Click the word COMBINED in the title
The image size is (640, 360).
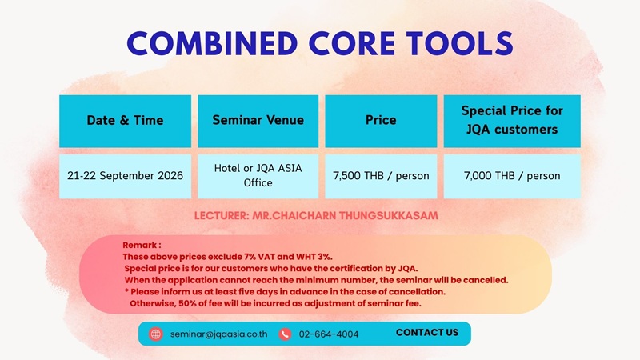pos(212,43)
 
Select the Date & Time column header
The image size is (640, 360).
pos(125,121)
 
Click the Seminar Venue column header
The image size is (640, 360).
pos(258,121)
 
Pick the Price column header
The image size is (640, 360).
pos(381,121)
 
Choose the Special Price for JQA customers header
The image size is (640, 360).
pos(512,121)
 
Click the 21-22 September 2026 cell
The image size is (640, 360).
pos(125,176)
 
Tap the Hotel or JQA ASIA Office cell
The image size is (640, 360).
pos(258,176)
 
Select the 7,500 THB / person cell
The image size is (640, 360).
pos(381,176)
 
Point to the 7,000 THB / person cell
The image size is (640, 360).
pos(512,176)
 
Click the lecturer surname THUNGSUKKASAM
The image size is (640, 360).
pos(388,215)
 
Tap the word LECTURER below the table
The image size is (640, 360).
pos(221,215)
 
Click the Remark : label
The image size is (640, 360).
pos(142,246)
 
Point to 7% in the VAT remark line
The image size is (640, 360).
pos(250,257)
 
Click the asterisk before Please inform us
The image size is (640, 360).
pos(126,291)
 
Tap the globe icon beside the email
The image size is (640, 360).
pos(155,334)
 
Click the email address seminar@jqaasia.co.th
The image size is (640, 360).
pos(218,334)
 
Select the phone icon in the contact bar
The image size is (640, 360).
pos(285,334)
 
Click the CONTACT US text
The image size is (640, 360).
pos(427,333)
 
